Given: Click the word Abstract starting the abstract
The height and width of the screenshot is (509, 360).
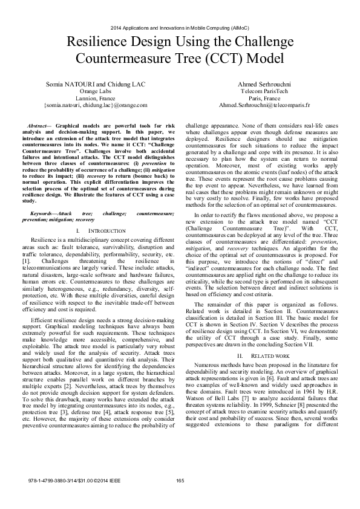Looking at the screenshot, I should click(x=49, y=123).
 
